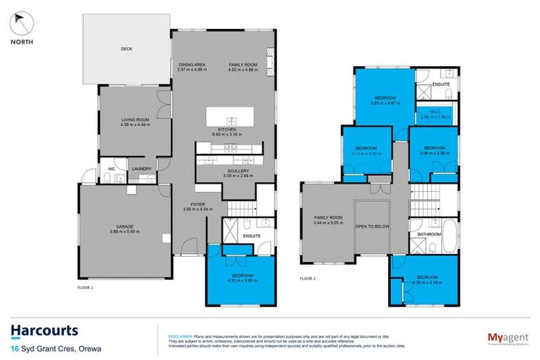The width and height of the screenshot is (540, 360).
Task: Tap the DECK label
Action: coord(126,49)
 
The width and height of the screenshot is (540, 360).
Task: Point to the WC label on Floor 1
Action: coord(110,169)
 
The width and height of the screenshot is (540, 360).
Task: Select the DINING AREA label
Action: coord(191,65)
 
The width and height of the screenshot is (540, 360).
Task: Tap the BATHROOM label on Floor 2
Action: coord(429,233)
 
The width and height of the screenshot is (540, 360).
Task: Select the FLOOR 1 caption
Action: coord(86,288)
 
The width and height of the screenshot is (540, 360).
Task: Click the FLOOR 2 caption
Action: coord(308,278)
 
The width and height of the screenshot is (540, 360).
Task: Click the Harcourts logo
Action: coord(45,330)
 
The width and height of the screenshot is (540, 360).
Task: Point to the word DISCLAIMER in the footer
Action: coord(181,337)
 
